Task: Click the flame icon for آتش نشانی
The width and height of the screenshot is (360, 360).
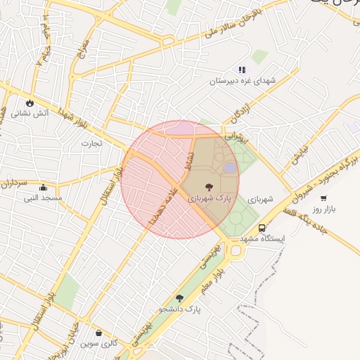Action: (x=30, y=103)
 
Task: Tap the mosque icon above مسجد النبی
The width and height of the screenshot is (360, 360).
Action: (x=44, y=188)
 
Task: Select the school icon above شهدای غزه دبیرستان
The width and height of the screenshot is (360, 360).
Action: (x=243, y=70)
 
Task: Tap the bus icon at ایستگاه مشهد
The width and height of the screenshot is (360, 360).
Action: (x=262, y=229)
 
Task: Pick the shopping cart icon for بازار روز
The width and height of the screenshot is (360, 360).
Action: (x=323, y=198)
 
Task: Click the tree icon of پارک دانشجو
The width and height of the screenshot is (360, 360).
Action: (x=180, y=298)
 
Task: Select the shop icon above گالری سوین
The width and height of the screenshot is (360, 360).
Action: (x=98, y=333)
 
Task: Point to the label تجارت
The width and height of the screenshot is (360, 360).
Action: (x=91, y=143)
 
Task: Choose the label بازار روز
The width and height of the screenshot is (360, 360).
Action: (x=326, y=210)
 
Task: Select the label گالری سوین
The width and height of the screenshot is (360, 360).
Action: (x=98, y=344)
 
